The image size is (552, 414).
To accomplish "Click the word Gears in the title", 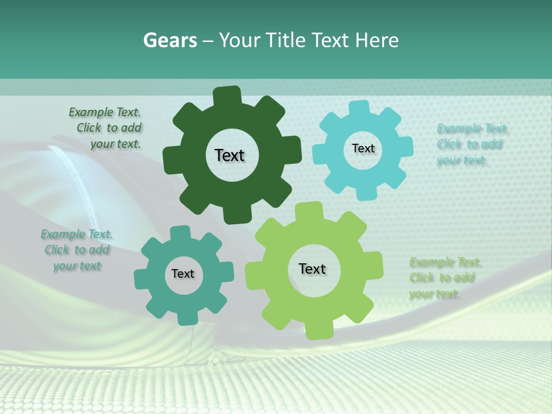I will [x=169, y=40].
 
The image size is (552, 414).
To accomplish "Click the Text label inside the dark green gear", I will [x=229, y=155].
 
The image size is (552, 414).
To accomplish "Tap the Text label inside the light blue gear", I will [x=363, y=148].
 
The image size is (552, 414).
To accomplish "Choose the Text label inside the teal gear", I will [x=183, y=274].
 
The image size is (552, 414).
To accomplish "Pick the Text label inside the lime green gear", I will [x=312, y=269].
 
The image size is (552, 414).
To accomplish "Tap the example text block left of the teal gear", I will [x=77, y=250].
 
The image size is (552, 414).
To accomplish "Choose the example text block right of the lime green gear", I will [x=446, y=278].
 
